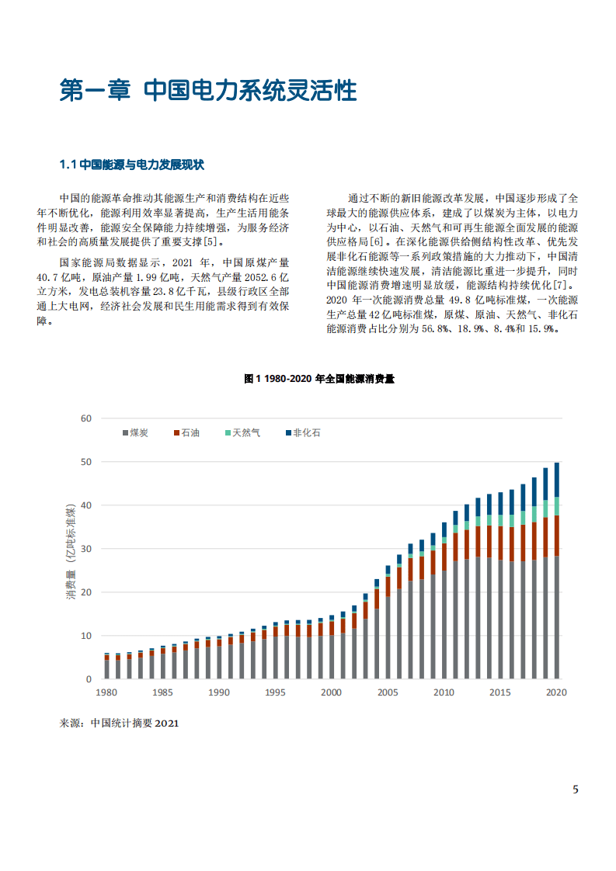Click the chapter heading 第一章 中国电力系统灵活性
pyautogui.click(x=208, y=91)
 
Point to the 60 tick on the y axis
pyautogui.click(x=85, y=418)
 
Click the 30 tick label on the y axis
pyautogui.click(x=85, y=549)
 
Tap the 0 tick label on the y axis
pyautogui.click(x=89, y=679)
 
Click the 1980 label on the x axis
pyautogui.click(x=106, y=692)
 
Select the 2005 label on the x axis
pyautogui.click(x=388, y=692)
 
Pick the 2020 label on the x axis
pyautogui.click(x=556, y=692)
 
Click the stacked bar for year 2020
pyautogui.click(x=556, y=574)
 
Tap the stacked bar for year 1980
pyautogui.click(x=106, y=667)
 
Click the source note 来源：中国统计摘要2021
pyautogui.click(x=120, y=724)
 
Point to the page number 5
pyautogui.click(x=576, y=790)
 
